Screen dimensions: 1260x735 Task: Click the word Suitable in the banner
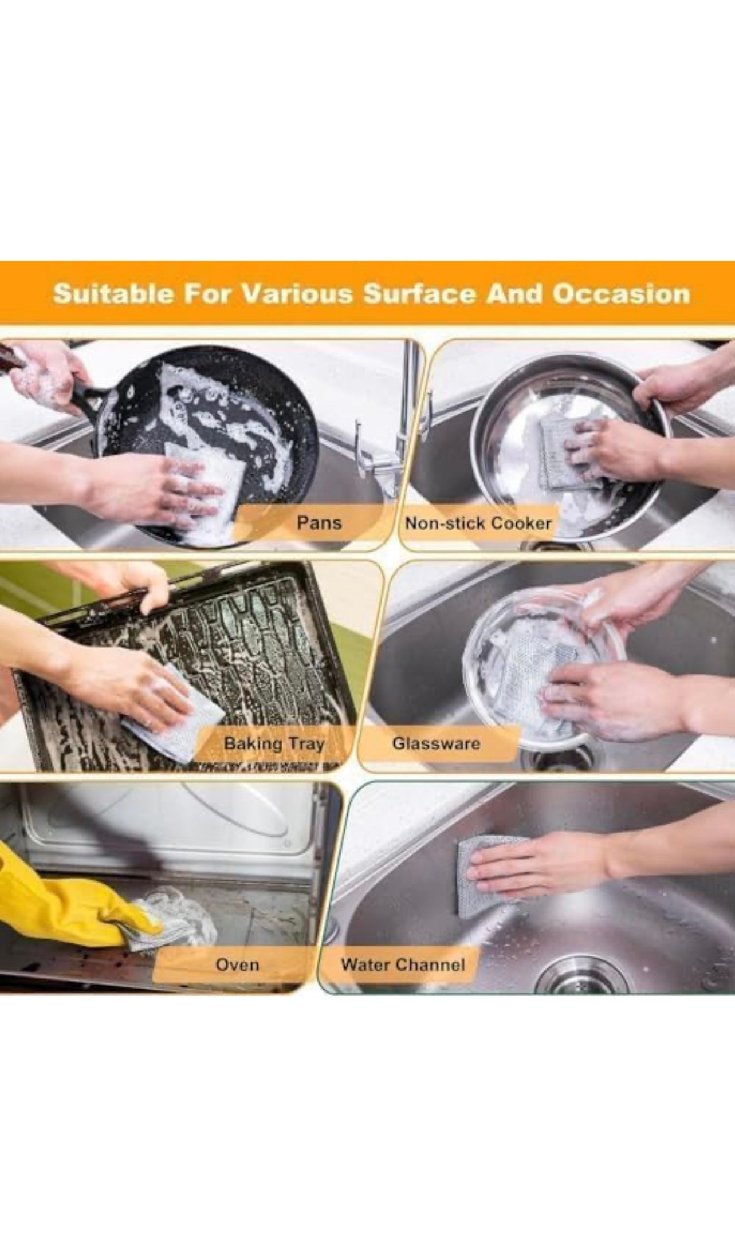pos(112,294)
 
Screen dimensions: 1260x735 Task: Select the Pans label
pos(319,522)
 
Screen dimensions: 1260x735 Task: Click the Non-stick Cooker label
pos(478,523)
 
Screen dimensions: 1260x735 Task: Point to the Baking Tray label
pos(274,743)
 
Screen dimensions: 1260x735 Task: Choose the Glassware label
pos(436,743)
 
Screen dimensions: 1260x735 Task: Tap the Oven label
pos(237,964)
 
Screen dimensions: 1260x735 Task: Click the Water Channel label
pos(403,964)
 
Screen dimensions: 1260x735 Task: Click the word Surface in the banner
pos(419,294)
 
